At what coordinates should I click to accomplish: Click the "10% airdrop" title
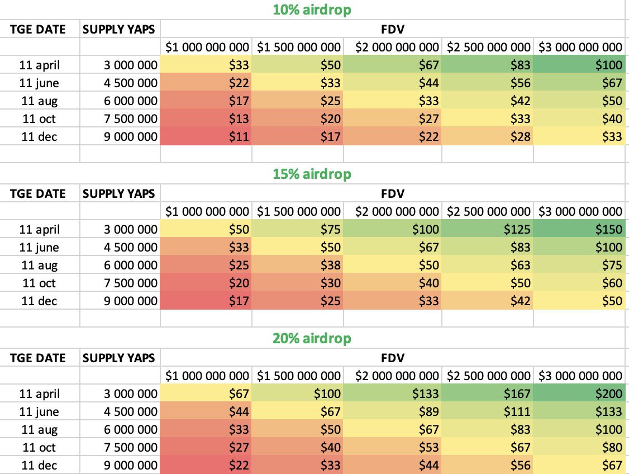[312, 10]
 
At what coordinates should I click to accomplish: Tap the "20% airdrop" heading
[312, 338]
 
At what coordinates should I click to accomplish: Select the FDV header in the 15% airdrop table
[392, 193]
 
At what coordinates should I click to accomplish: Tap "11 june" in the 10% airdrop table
[39, 83]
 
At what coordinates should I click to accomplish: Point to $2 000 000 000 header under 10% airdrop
[392, 47]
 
